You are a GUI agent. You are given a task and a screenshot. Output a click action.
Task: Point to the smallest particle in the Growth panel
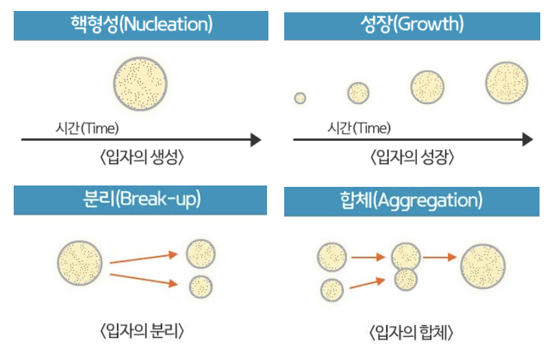(300, 98)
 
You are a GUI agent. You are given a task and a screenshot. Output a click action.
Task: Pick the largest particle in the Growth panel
(507, 82)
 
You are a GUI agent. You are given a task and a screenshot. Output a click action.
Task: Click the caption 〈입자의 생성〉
(140, 157)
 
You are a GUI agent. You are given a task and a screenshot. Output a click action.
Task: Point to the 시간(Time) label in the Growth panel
(359, 128)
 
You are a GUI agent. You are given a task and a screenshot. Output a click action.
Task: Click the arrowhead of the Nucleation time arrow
(255, 140)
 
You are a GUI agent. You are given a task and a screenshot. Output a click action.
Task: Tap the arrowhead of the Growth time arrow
(527, 140)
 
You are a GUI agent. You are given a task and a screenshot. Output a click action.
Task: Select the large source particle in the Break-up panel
(80, 262)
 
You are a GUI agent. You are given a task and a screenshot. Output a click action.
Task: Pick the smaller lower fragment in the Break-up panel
(201, 286)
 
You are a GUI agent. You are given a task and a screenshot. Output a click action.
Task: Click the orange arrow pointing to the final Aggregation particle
(440, 257)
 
